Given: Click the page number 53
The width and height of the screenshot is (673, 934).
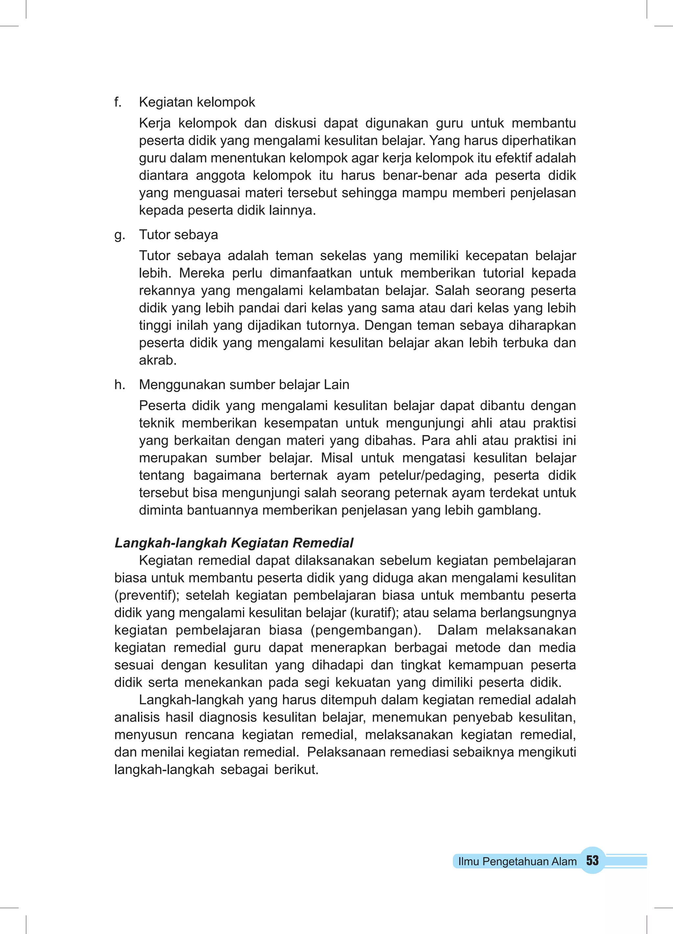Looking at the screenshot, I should click(x=592, y=860).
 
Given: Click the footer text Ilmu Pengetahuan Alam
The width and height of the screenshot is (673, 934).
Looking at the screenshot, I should click(x=517, y=861).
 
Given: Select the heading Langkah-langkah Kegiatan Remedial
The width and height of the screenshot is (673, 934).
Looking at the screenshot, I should click(x=234, y=543).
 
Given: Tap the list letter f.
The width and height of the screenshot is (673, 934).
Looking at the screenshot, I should click(x=118, y=102).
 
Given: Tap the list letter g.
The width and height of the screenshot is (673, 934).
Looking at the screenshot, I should click(x=119, y=235).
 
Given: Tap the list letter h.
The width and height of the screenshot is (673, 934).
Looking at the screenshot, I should click(x=119, y=385).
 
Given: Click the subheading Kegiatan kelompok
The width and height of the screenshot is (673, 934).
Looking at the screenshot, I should click(x=197, y=102).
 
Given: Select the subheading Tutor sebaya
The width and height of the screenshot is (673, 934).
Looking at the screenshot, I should click(x=178, y=235).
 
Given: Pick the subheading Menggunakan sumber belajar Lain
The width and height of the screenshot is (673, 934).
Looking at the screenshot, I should click(x=244, y=385).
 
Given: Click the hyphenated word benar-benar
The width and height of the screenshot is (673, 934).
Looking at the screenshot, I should click(x=420, y=175).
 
